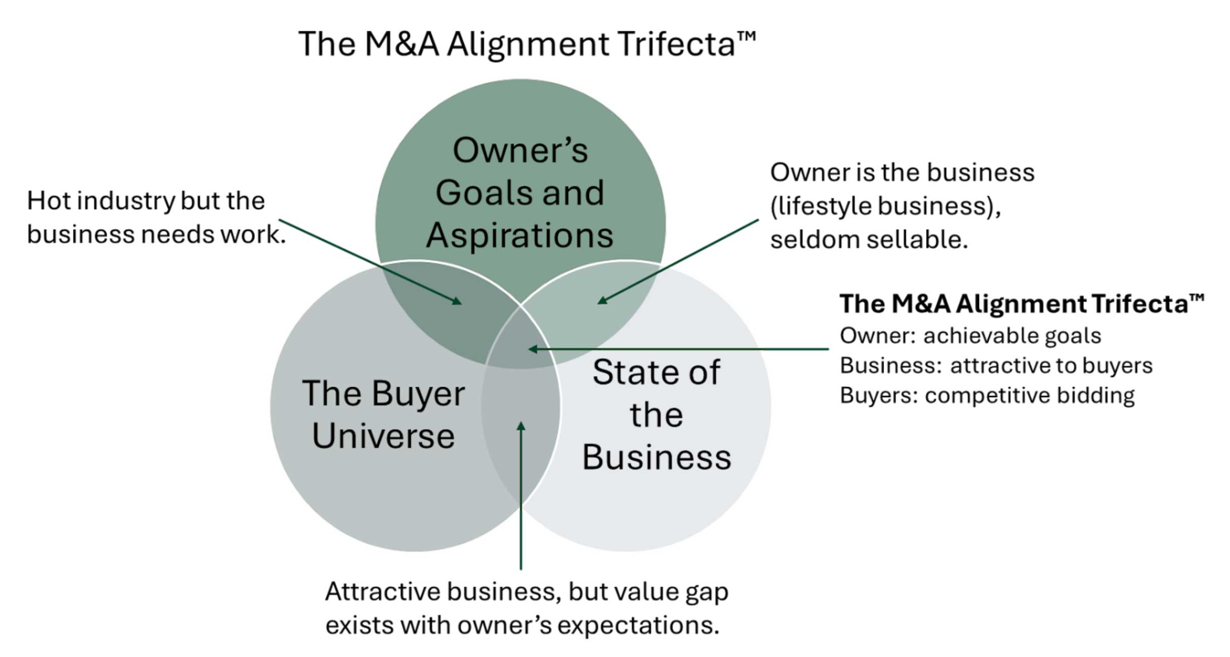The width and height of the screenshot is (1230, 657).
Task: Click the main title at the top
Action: point(526,44)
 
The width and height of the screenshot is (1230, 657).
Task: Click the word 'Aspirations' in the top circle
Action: point(519,236)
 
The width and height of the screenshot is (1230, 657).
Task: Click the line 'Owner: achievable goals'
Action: point(970,336)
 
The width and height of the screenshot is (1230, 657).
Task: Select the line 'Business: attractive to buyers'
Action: point(995,365)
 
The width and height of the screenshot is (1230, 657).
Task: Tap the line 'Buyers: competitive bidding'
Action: point(987,395)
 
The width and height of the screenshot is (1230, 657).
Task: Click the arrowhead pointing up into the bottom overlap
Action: point(521,426)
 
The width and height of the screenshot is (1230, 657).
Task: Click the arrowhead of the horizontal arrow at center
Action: point(532,349)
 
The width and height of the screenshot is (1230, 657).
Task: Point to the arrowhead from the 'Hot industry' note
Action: point(458,302)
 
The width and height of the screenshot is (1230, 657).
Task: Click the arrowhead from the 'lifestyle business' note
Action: point(602,301)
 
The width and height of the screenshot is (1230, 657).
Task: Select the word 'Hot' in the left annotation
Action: point(49,201)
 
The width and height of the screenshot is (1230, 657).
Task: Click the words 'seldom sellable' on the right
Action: point(868,240)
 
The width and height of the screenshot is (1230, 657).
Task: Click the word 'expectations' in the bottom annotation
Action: point(638,625)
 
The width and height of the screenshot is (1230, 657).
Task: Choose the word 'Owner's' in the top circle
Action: point(520,151)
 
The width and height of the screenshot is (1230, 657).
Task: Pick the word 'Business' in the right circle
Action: point(656,457)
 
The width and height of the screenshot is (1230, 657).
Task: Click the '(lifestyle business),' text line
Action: point(885,206)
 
